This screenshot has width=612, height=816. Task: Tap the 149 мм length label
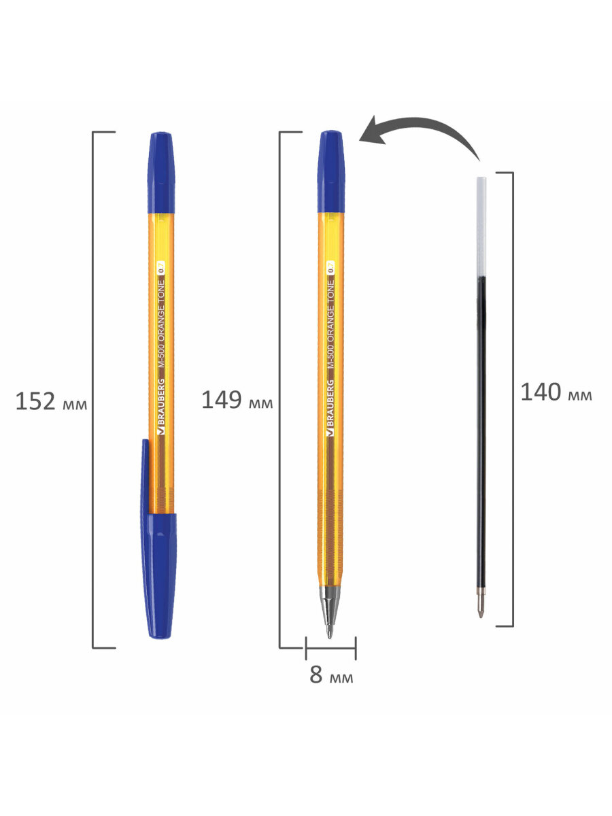coord(237,400)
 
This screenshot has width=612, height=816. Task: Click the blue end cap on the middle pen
coord(330,171)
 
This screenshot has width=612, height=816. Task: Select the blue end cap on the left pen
coord(161,173)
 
